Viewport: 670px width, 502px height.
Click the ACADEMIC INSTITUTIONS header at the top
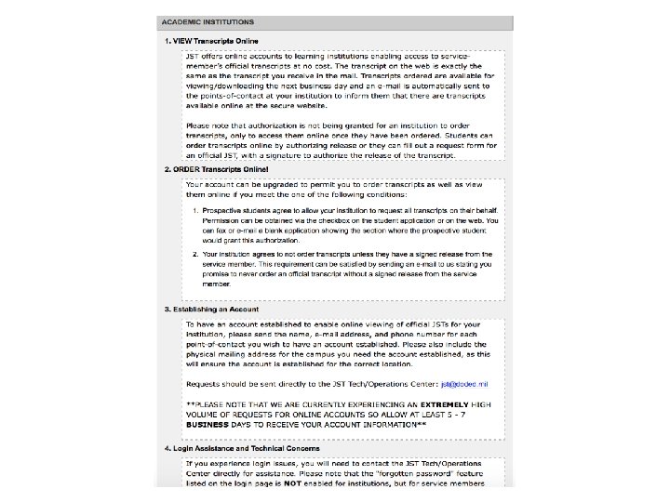(208, 21)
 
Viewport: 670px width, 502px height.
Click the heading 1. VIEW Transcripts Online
(211, 41)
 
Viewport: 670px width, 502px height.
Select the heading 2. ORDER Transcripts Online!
(216, 170)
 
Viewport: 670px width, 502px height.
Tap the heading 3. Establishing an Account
(211, 309)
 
